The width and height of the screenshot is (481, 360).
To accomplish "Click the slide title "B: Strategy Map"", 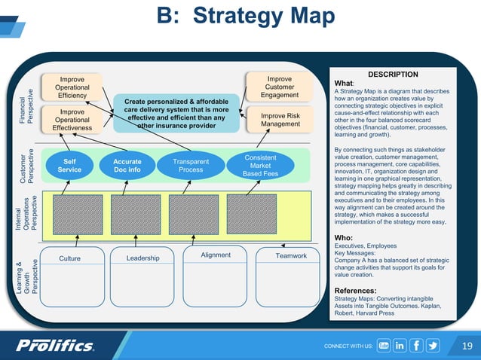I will (x=245, y=17).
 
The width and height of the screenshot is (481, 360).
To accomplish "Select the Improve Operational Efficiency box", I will (x=72, y=87).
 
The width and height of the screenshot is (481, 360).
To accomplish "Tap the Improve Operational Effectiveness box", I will (x=72, y=121).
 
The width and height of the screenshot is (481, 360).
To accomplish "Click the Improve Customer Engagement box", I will (x=280, y=87).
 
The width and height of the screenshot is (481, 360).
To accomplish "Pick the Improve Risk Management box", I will (x=280, y=120).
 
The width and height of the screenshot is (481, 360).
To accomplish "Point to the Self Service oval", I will (x=69, y=165).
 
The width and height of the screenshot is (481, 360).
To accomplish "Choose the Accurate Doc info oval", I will (x=127, y=165).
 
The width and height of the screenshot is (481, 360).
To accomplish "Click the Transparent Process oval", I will (x=191, y=165).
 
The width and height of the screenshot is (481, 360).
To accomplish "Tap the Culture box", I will (x=69, y=258).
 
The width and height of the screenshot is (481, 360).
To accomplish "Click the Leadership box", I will (x=143, y=258).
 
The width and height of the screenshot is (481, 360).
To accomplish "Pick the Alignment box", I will (x=216, y=257).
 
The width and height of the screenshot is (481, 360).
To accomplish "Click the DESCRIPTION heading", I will (x=392, y=75).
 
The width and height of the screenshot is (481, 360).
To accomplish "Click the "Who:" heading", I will (x=343, y=238).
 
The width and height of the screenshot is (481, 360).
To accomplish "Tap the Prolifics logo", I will (x=56, y=345).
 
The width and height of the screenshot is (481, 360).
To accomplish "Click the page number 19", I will (x=466, y=346).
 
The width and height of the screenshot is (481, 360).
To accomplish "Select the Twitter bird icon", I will (x=433, y=346).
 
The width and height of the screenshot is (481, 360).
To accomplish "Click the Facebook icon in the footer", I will (x=416, y=346).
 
